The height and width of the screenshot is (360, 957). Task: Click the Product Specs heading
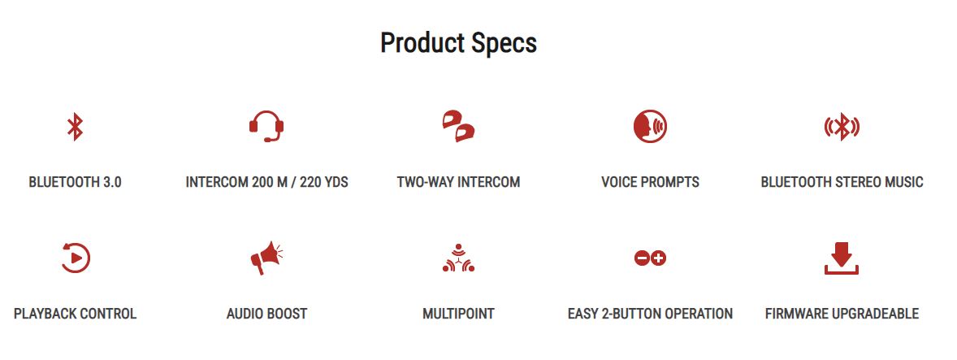pyautogui.click(x=458, y=44)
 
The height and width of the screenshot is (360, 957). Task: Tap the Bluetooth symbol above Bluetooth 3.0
pyautogui.click(x=75, y=127)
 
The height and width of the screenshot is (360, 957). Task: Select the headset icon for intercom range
pyautogui.click(x=266, y=126)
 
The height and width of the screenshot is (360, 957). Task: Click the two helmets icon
pyautogui.click(x=458, y=126)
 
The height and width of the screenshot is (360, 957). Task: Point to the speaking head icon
pyautogui.click(x=650, y=127)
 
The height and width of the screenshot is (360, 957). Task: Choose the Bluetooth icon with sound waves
pyautogui.click(x=842, y=127)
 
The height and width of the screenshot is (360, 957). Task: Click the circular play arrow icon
pyautogui.click(x=76, y=258)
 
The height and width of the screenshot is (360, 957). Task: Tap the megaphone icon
pyautogui.click(x=266, y=258)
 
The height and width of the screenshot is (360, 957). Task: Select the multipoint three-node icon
pyautogui.click(x=458, y=258)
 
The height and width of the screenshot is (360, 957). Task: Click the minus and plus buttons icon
pyautogui.click(x=650, y=258)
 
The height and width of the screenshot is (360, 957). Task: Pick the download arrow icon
pyautogui.click(x=842, y=258)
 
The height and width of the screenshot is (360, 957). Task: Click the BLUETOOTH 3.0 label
pyautogui.click(x=75, y=182)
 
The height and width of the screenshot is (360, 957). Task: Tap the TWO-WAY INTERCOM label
pyautogui.click(x=458, y=182)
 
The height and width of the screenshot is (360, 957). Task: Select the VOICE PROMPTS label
pyautogui.click(x=650, y=182)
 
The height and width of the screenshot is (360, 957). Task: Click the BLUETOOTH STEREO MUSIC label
pyautogui.click(x=842, y=182)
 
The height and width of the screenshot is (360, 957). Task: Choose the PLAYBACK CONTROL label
pyautogui.click(x=75, y=314)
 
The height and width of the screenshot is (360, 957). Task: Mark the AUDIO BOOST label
pyautogui.click(x=266, y=314)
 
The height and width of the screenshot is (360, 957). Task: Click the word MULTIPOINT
pyautogui.click(x=458, y=314)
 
